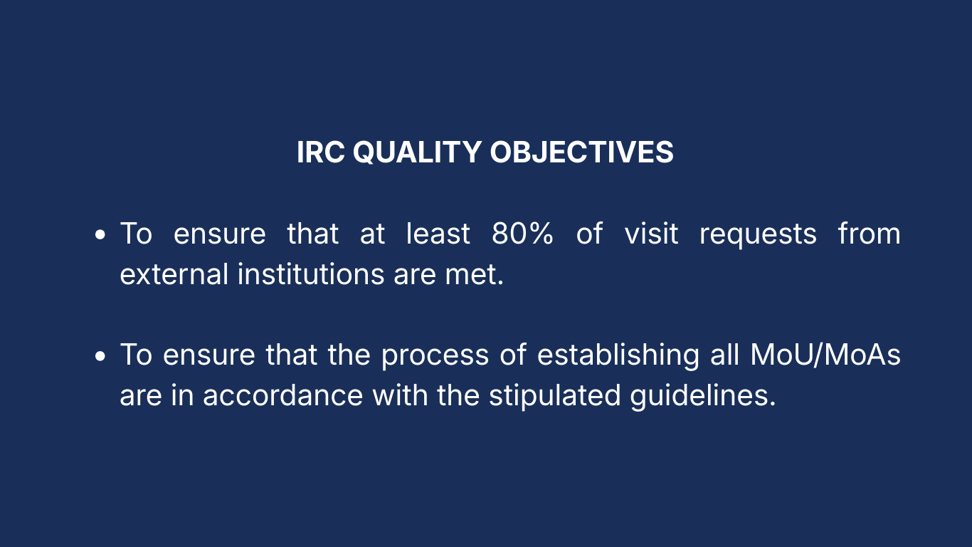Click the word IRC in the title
(x=321, y=152)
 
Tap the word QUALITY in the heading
(x=417, y=153)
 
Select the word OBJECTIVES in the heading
(x=581, y=152)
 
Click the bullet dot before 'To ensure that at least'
(x=100, y=234)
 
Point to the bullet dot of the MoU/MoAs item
(x=100, y=356)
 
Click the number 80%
(x=522, y=234)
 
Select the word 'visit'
(x=651, y=234)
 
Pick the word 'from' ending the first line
(x=869, y=234)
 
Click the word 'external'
(x=174, y=274)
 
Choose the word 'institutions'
(x=311, y=274)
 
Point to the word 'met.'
(x=475, y=275)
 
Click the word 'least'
(x=438, y=234)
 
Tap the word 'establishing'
(x=618, y=355)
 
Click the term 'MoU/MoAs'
(x=825, y=355)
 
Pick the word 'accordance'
(x=283, y=395)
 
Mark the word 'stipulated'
(x=555, y=396)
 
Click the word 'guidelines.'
(x=703, y=396)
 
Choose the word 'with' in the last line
(x=400, y=395)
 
